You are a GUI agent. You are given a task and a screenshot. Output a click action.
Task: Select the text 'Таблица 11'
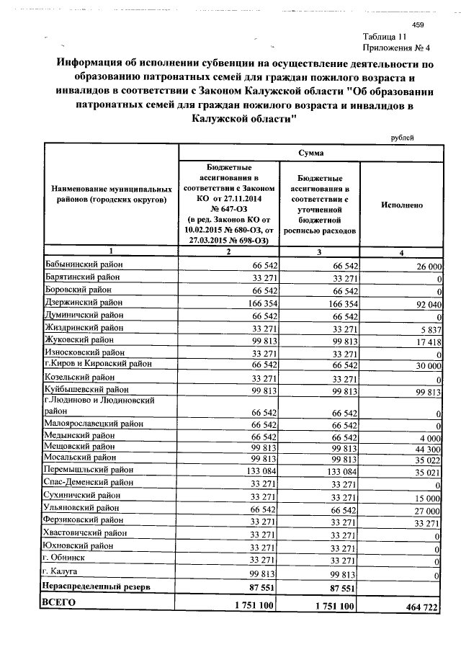[x=389, y=37]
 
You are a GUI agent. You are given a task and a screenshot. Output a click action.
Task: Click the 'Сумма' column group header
[x=310, y=153]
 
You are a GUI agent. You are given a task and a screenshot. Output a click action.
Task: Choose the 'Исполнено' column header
[x=401, y=205]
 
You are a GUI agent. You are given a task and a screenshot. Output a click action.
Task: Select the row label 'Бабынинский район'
[x=84, y=265]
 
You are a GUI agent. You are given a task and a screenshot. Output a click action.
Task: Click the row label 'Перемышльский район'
[x=87, y=470]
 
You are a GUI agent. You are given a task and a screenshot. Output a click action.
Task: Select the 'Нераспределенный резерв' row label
[x=97, y=588]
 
